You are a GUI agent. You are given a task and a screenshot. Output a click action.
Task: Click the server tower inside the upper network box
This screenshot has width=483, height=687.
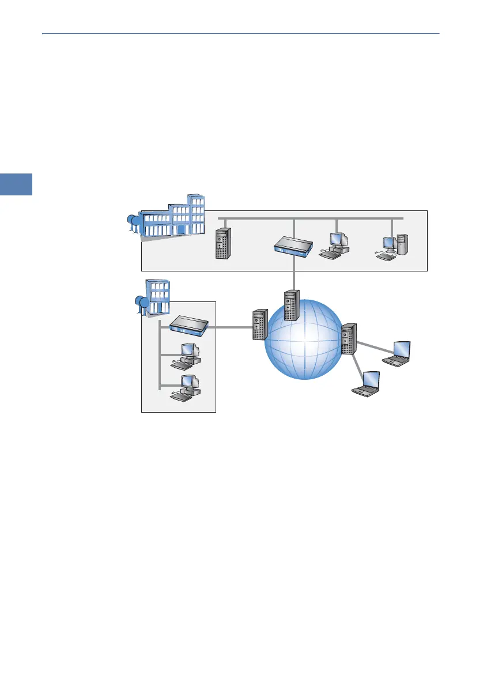click(222, 244)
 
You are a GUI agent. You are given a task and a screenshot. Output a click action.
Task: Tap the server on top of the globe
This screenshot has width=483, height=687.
click(292, 305)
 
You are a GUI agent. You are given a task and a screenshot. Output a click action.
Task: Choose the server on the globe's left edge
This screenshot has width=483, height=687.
click(260, 324)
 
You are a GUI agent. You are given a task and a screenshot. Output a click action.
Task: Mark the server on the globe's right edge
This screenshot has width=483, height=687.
click(348, 339)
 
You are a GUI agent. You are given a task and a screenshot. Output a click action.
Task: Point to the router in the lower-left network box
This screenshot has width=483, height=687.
click(188, 327)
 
